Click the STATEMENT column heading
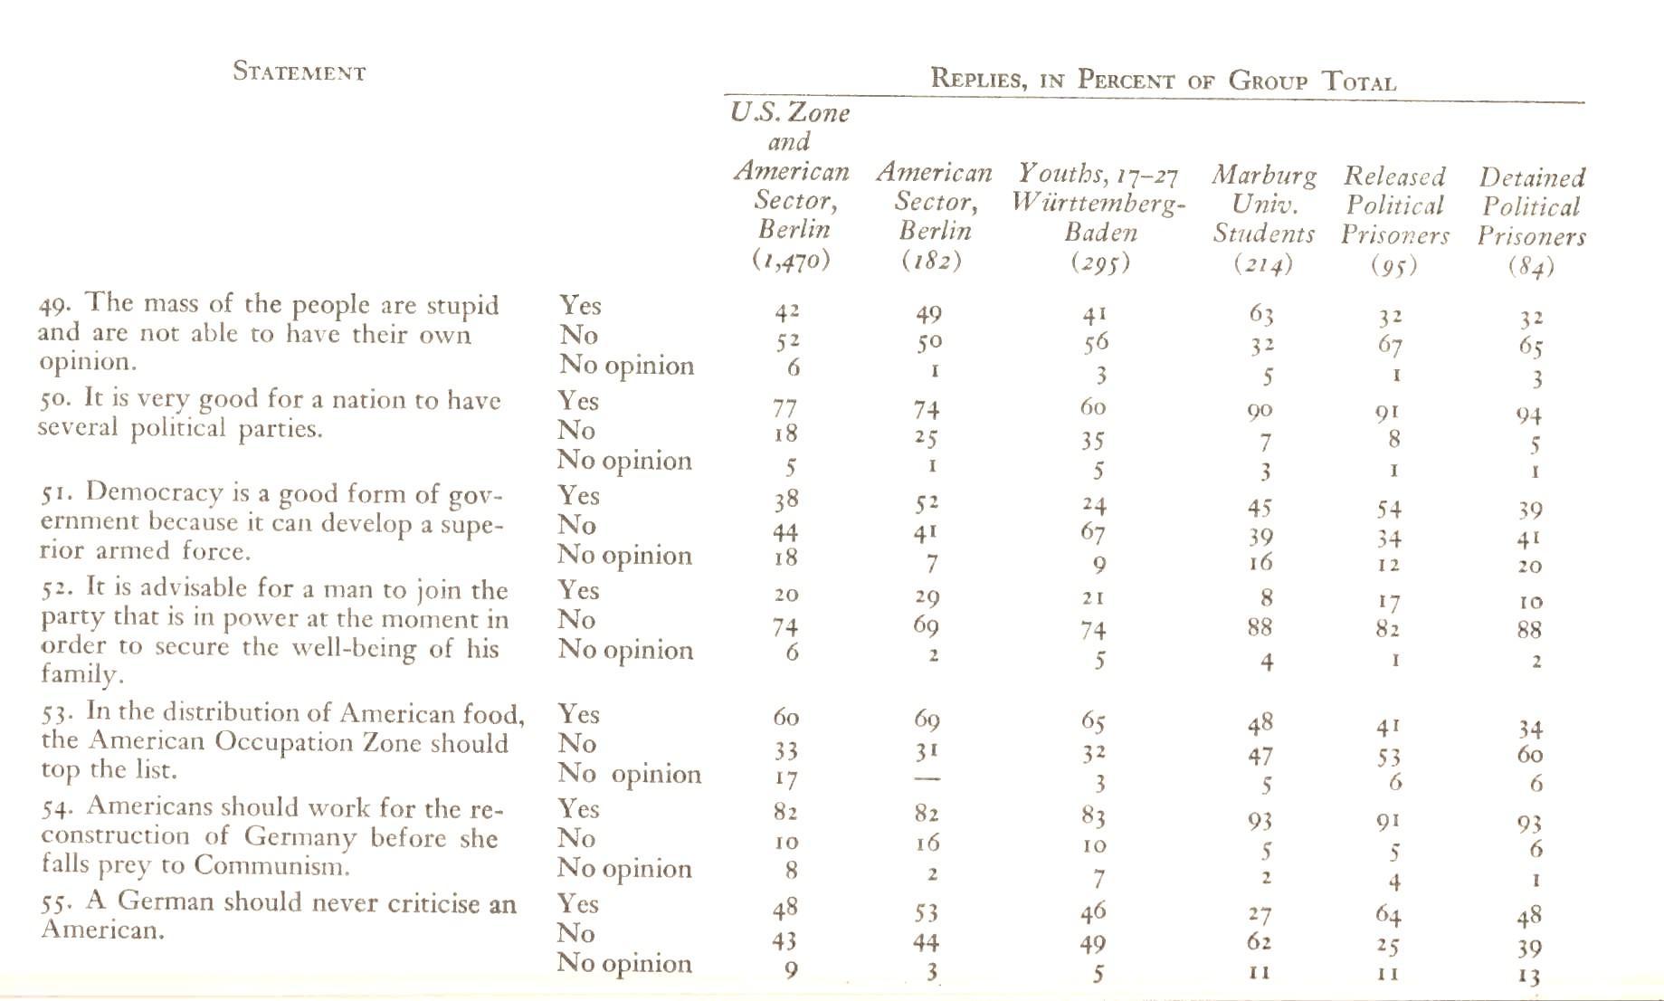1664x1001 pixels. tap(299, 71)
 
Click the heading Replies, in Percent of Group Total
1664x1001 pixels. tap(1164, 81)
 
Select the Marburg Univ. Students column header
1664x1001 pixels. tap(1264, 204)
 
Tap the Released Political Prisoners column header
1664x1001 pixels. tap(1394, 205)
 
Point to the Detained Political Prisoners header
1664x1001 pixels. tap(1532, 207)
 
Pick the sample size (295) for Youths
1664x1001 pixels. tap(1100, 262)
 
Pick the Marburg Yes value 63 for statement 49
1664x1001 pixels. tap(1261, 315)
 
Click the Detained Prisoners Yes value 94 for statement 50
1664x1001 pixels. tap(1529, 415)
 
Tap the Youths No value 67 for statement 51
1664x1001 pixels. tap(1093, 534)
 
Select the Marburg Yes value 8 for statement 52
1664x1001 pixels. tap(1267, 597)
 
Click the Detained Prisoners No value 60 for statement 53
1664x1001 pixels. tap(1530, 755)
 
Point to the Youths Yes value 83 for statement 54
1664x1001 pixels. tap(1093, 816)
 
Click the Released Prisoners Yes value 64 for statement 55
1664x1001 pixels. tap(1388, 915)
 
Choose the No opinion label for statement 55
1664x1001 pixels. tap(624, 963)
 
